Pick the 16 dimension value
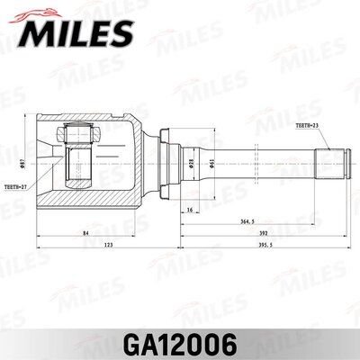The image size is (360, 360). click(x=191, y=210)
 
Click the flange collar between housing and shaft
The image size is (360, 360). click(x=166, y=162)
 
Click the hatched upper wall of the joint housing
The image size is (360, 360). click(x=90, y=121)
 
